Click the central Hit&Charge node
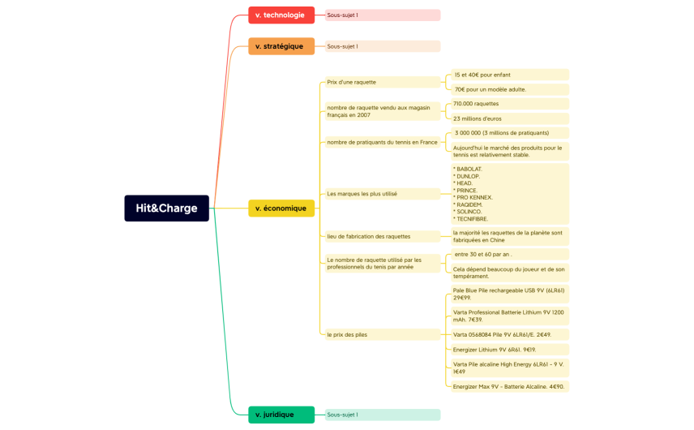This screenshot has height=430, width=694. tap(166, 208)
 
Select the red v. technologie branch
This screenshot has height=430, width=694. tap(281, 15)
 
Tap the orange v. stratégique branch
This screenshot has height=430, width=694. tap(281, 46)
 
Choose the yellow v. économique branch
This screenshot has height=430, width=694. tap(281, 208)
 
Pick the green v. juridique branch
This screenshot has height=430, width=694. tap(281, 415)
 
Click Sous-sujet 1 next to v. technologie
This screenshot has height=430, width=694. tap(382, 15)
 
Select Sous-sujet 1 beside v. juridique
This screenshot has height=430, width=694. tap(382, 415)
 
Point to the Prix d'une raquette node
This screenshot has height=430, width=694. tap(382, 82)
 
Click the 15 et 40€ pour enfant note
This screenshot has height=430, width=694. tap(509, 75)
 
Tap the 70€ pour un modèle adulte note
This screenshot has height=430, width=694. tap(509, 89)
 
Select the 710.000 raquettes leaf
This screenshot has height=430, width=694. tap(509, 104)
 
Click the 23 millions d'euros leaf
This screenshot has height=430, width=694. tap(509, 118)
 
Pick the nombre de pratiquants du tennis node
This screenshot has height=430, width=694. tap(382, 142)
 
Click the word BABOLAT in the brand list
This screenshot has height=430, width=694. tap(468, 169)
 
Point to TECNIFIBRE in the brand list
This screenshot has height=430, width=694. tap(471, 218)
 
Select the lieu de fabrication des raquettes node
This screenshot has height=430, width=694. tap(382, 236)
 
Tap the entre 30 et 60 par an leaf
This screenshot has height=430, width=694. tap(509, 254)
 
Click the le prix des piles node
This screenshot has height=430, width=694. tap(382, 334)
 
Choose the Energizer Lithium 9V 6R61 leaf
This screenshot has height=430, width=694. tap(509, 350)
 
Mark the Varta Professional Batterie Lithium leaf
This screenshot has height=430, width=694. tap(509, 316)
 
